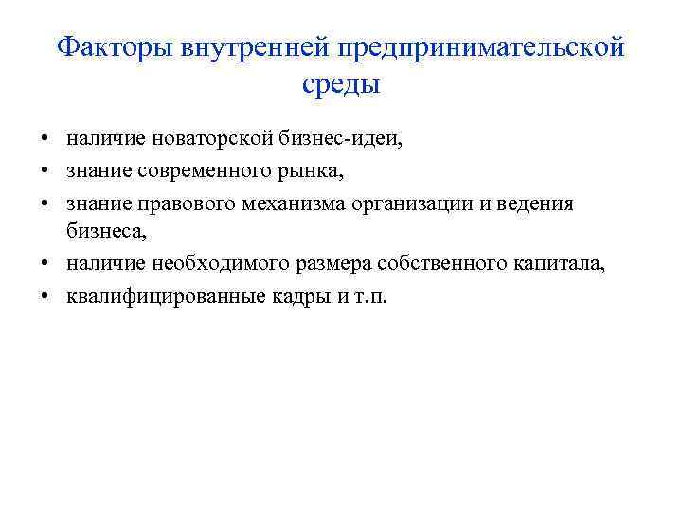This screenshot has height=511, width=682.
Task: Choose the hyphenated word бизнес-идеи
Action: [x=342, y=139]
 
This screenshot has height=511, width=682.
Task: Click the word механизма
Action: [x=275, y=203]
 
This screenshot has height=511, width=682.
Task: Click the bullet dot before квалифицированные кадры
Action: [x=45, y=296]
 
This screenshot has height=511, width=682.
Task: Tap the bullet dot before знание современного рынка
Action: [x=45, y=171]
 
